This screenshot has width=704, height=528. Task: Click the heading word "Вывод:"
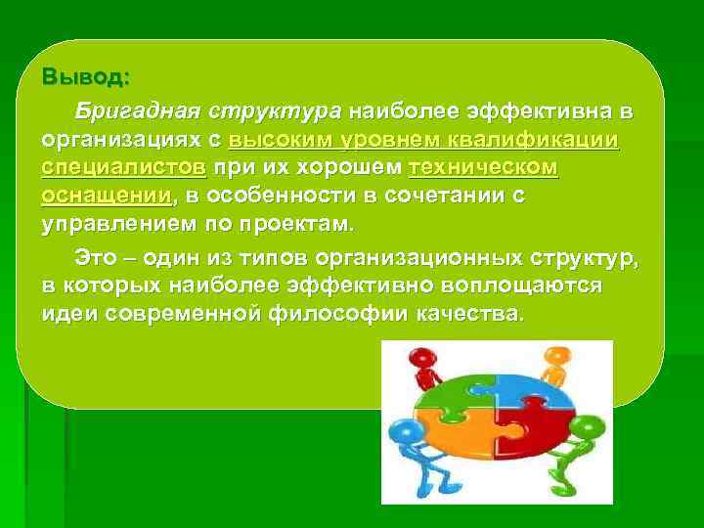click(x=85, y=75)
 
